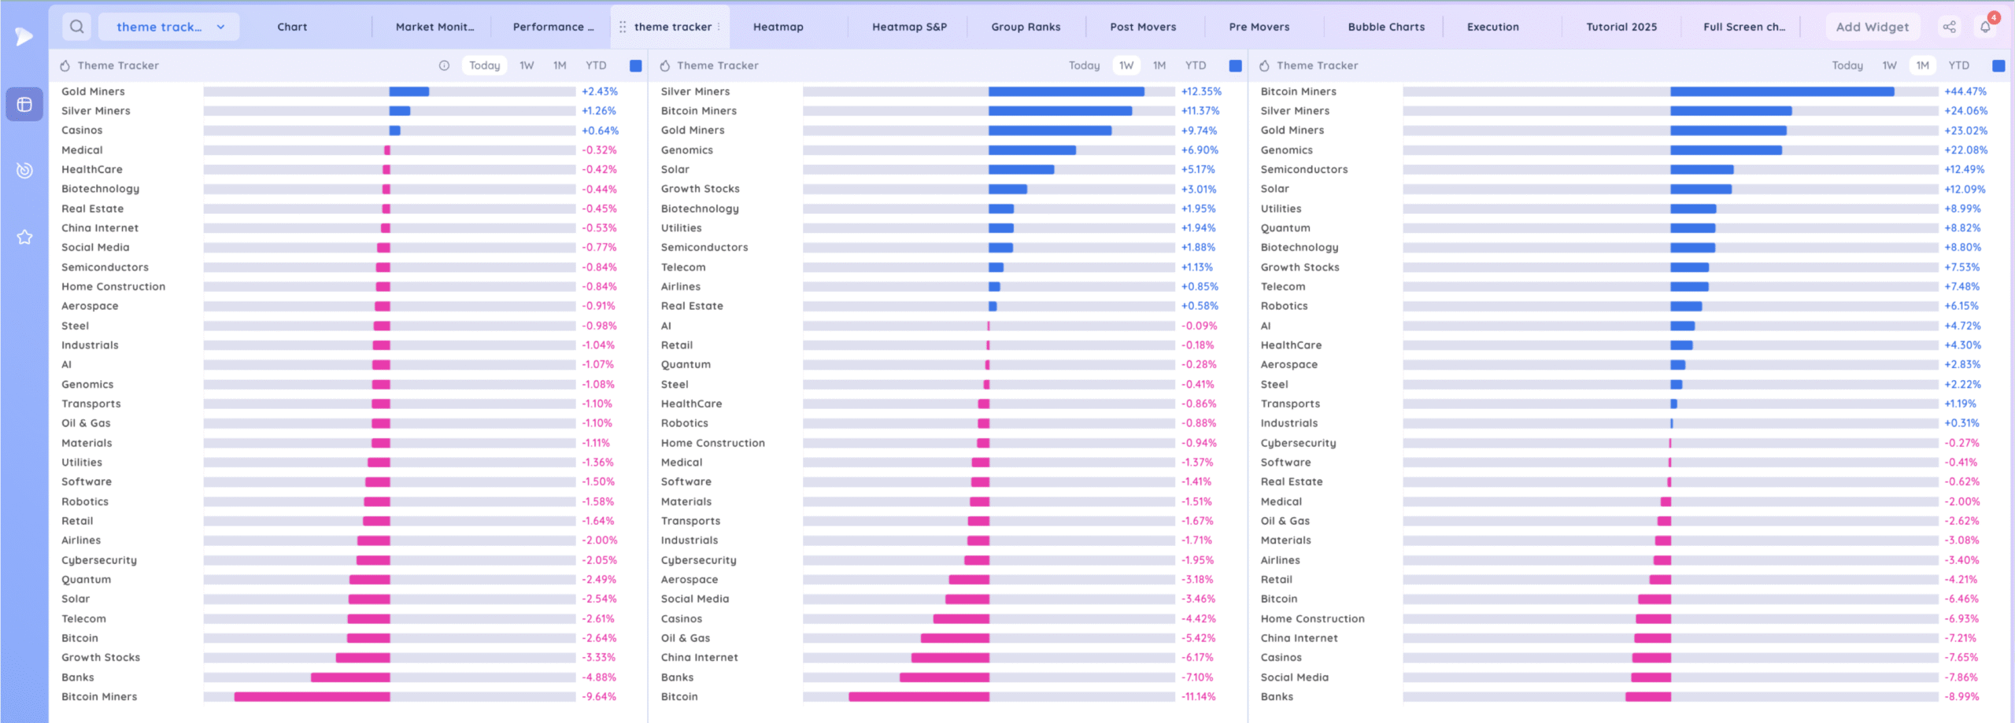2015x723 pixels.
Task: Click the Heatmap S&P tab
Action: (909, 27)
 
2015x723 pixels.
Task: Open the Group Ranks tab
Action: (1026, 27)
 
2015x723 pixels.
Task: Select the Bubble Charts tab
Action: (1386, 27)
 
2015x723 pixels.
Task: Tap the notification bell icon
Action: (1985, 27)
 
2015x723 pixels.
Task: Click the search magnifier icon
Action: (77, 27)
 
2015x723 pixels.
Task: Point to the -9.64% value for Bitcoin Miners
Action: (599, 697)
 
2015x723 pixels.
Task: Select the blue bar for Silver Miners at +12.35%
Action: (1066, 91)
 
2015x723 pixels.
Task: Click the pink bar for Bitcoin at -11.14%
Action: (919, 697)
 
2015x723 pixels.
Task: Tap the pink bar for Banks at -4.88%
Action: (350, 677)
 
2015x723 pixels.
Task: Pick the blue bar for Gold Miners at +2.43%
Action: (409, 91)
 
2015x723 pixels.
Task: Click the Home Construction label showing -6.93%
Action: (1312, 619)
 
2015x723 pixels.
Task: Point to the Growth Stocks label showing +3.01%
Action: (700, 189)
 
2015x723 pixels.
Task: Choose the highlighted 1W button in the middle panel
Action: (1126, 65)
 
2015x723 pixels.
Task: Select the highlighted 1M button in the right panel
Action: (1922, 65)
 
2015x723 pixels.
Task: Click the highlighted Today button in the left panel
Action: (484, 65)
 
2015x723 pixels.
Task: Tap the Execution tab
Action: (1492, 27)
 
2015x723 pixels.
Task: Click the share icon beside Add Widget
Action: (1949, 27)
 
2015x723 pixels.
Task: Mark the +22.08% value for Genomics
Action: (1965, 150)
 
